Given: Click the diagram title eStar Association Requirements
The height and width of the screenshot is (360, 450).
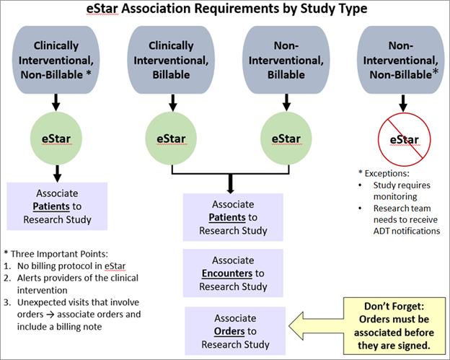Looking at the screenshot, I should point(224,10).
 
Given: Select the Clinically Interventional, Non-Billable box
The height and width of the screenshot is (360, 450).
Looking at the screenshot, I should point(57,57).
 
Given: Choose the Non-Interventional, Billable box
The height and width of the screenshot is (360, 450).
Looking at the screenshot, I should point(281,57).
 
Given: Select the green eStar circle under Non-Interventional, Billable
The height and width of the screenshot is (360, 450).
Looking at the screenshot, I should point(281,136).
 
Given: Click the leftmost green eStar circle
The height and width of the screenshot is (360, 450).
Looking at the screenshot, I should point(57,136).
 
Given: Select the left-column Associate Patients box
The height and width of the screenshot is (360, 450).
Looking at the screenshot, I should point(57,205).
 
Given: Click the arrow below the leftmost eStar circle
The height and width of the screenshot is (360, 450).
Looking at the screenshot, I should point(57,172).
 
